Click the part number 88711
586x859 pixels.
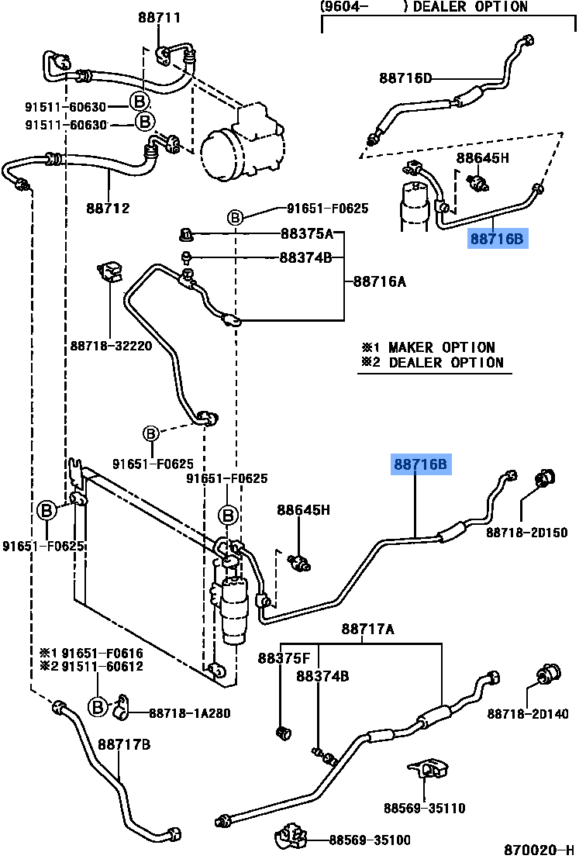tap(159, 17)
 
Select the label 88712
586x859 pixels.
tap(108, 209)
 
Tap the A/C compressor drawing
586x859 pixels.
tap(242, 143)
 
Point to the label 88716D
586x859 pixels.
tap(405, 78)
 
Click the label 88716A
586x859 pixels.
tap(380, 281)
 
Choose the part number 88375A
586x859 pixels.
tap(307, 234)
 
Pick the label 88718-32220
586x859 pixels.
tap(111, 346)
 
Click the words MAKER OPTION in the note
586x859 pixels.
tap(441, 347)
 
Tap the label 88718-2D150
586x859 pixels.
tap(527, 532)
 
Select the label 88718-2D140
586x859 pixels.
tap(528, 713)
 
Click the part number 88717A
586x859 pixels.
tap(367, 629)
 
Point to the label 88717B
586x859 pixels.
tap(124, 744)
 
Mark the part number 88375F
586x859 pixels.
tap(284, 658)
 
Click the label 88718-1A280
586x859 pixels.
tap(189, 712)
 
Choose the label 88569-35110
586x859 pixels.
tap(425, 808)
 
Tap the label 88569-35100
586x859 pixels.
tap(370, 840)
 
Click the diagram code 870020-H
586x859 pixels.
tap(539, 850)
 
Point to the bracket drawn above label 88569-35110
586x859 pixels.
tap(429, 768)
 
